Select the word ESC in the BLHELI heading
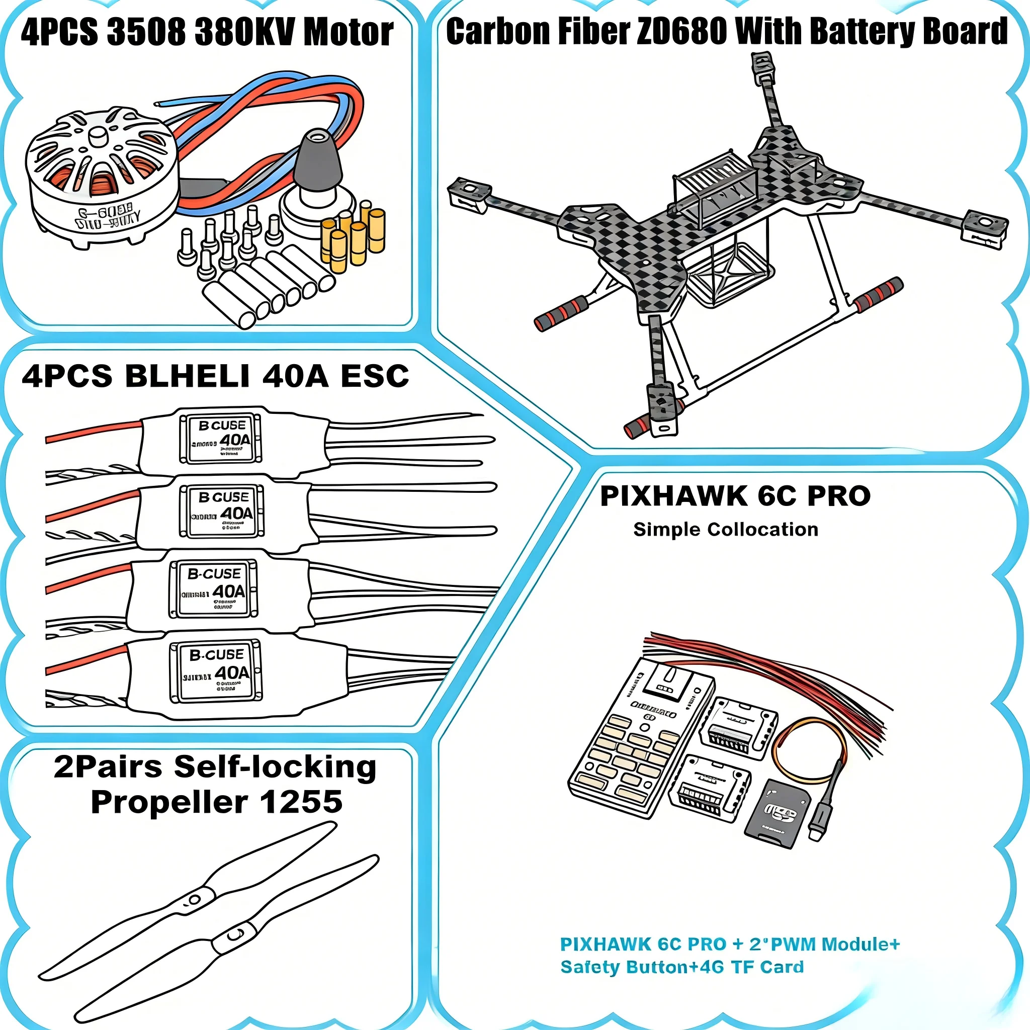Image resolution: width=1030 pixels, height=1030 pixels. [374, 376]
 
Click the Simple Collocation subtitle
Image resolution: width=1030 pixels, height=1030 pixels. [726, 530]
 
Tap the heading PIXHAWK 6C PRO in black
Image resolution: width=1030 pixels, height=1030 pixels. [735, 496]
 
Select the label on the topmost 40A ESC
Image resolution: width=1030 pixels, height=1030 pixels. [221, 439]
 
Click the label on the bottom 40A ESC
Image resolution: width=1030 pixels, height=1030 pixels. [216, 671]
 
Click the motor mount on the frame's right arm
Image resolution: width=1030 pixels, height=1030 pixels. [985, 228]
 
